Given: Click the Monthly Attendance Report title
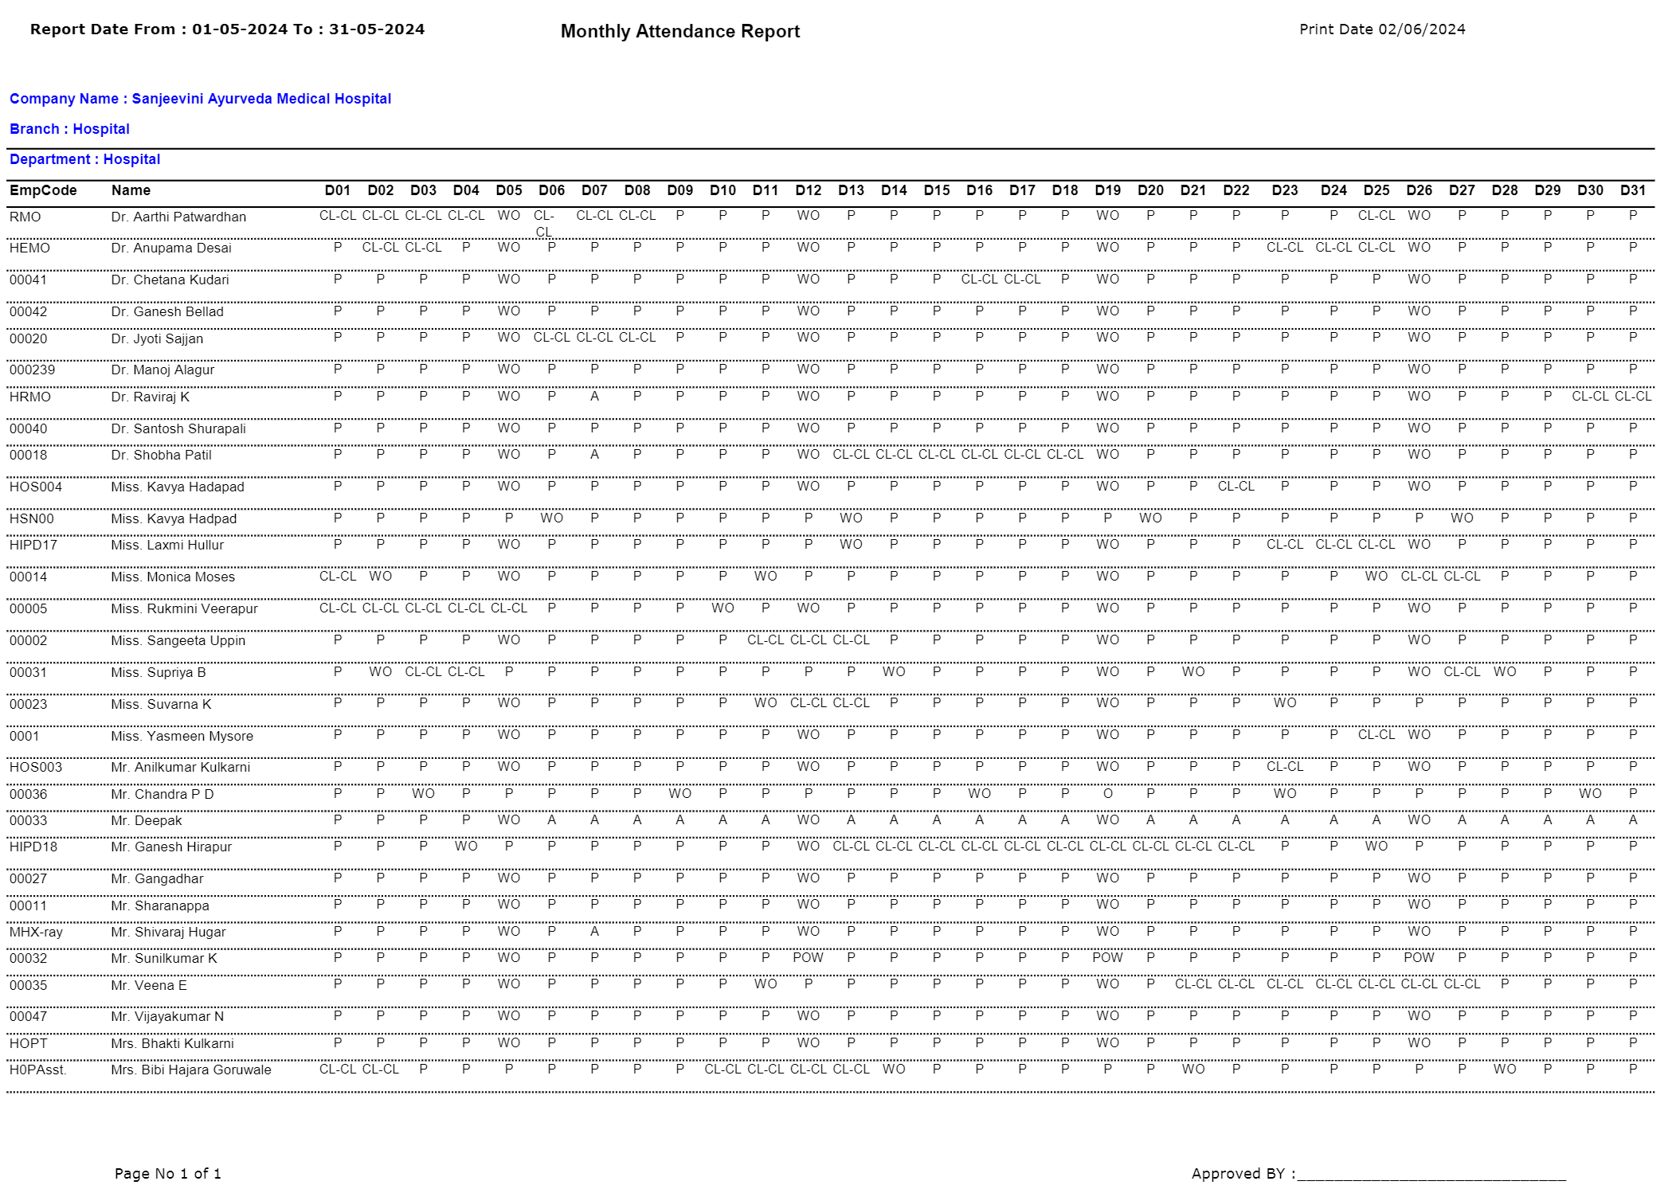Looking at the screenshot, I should pyautogui.click(x=679, y=32).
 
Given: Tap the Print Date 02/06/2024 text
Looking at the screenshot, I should pyautogui.click(x=1381, y=29).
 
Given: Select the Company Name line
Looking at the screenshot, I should pyautogui.click(x=200, y=99).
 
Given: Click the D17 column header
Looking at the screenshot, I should pyautogui.click(x=1022, y=190).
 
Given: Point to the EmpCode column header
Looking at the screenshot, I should pyautogui.click(x=43, y=190).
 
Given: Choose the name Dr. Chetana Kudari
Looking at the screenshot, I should pyautogui.click(x=170, y=280).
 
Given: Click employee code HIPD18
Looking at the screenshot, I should pyautogui.click(x=33, y=847).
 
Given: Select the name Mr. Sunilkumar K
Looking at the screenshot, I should pyautogui.click(x=164, y=958).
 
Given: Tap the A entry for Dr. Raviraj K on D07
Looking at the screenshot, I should pyautogui.click(x=594, y=397).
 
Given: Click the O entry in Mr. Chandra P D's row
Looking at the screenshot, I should pyautogui.click(x=1107, y=794).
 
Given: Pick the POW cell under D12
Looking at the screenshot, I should pyautogui.click(x=808, y=958).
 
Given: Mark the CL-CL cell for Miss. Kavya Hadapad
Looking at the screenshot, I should pyautogui.click(x=1235, y=487).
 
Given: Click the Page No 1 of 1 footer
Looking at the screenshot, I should pyautogui.click(x=168, y=1173).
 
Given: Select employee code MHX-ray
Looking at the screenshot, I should pyautogui.click(x=36, y=932).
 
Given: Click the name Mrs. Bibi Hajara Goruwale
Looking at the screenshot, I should pyautogui.click(x=191, y=1070).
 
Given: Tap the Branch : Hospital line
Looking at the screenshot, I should pyautogui.click(x=69, y=129).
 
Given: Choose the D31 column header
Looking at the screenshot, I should pyautogui.click(x=1632, y=190).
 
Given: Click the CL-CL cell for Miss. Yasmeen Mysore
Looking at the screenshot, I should pyautogui.click(x=1376, y=735).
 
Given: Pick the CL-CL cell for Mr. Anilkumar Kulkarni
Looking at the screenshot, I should pyautogui.click(x=1284, y=767).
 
